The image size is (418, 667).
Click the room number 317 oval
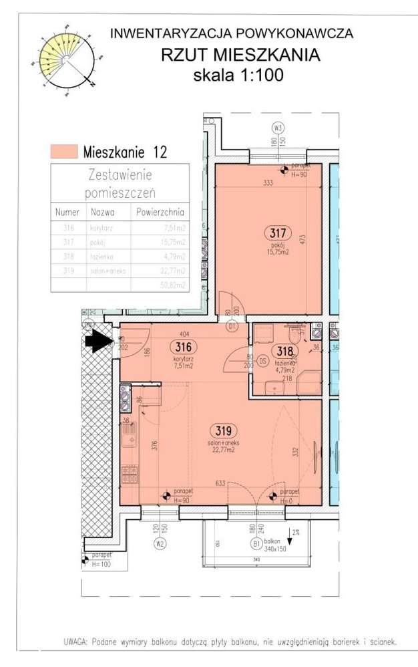(x=278, y=233)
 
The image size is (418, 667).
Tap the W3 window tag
(x=278, y=128)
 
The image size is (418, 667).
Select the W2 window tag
(x=160, y=543)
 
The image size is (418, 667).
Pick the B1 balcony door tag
(x=256, y=543)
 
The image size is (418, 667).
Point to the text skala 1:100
(x=238, y=75)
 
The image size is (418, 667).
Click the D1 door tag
(x=232, y=327)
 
